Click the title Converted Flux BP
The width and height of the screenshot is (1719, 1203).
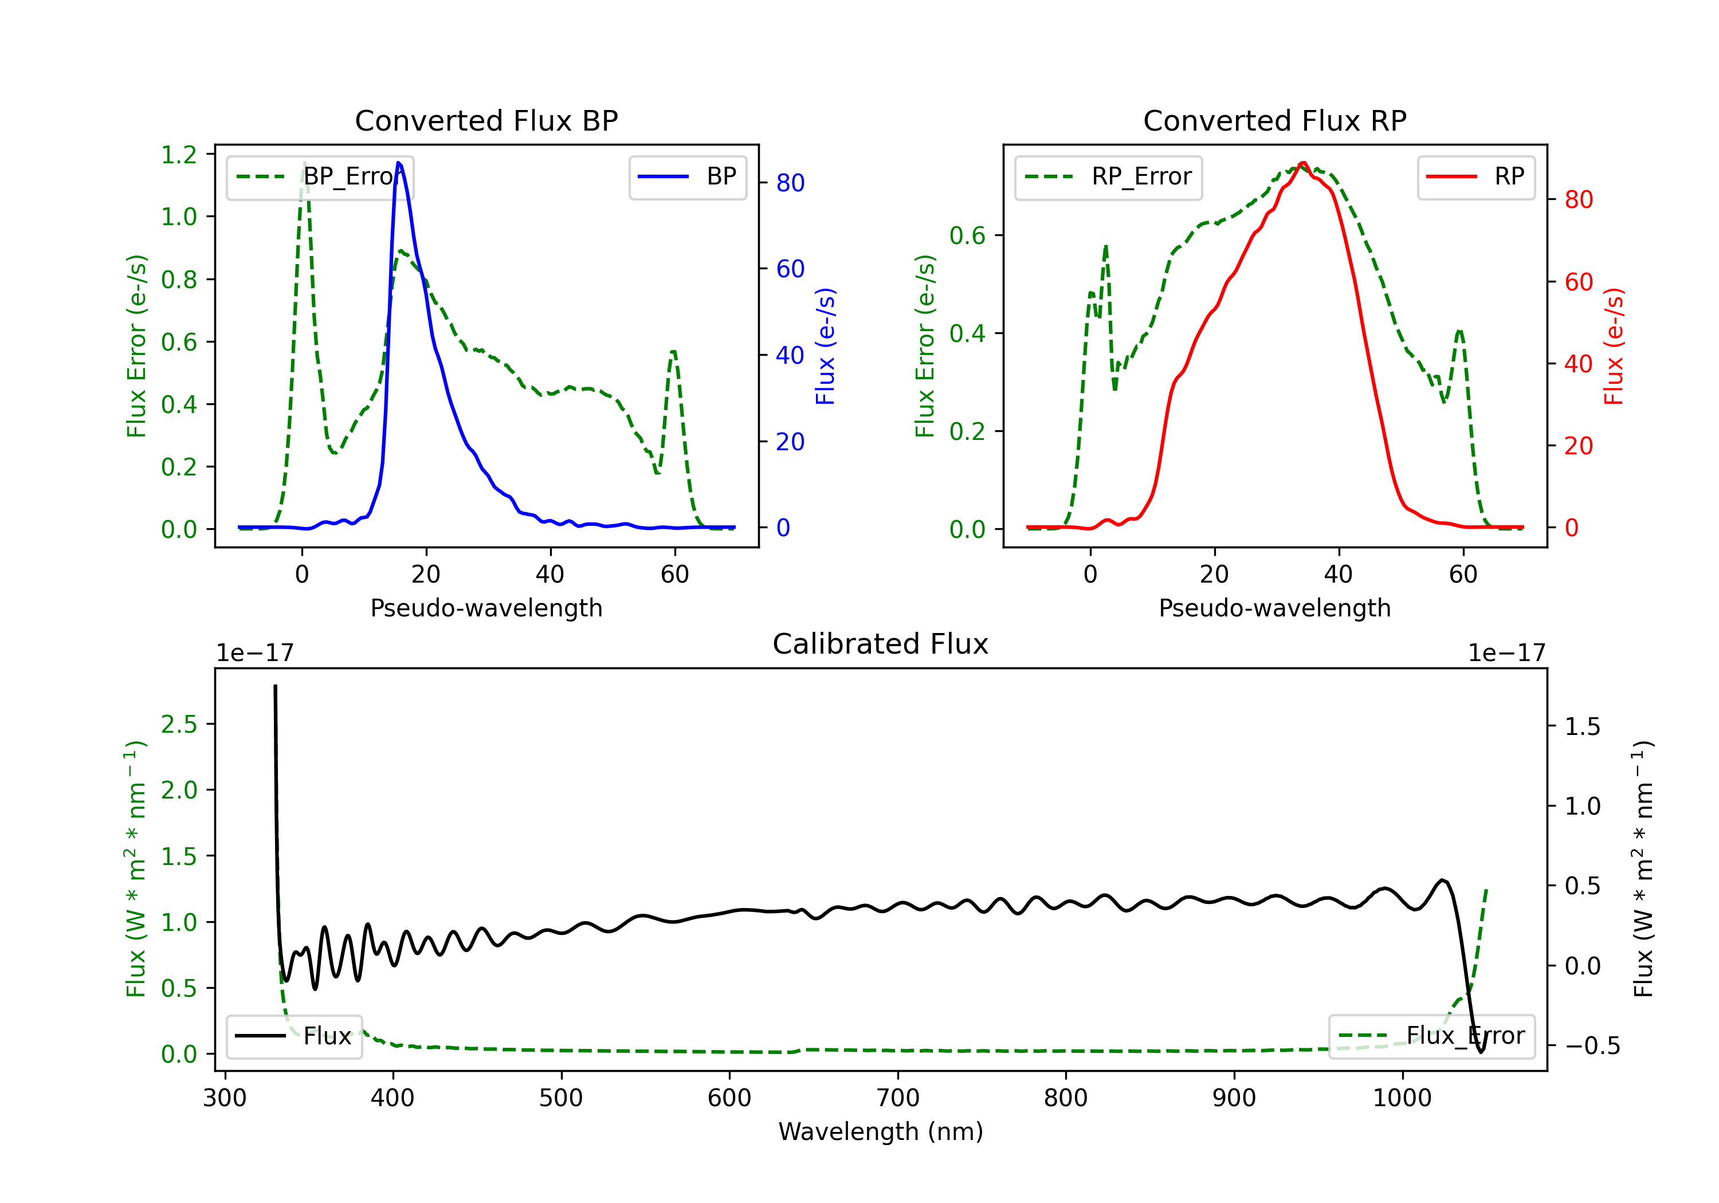pos(486,120)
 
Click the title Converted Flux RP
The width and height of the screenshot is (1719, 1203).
pos(1274,120)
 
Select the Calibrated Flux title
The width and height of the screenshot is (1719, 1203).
pos(881,644)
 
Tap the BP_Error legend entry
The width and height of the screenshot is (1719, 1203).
pos(320,176)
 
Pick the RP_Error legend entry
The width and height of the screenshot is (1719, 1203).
pos(1108,176)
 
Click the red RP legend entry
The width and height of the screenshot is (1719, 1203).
pos(1475,176)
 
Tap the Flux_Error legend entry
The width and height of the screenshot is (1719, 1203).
pos(1431,1036)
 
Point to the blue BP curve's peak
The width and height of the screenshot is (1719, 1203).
pos(398,163)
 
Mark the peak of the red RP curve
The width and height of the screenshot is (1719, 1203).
pos(1303,163)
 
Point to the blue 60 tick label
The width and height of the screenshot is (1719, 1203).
pos(791,269)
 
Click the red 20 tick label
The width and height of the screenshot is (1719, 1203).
pos(1578,446)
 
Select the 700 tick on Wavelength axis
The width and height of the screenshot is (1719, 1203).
pos(898,1098)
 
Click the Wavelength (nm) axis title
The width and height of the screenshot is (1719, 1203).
pos(881,1131)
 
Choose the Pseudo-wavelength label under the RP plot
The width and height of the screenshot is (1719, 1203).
pos(1274,608)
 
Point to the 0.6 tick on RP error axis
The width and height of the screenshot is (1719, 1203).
pos(967,236)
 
